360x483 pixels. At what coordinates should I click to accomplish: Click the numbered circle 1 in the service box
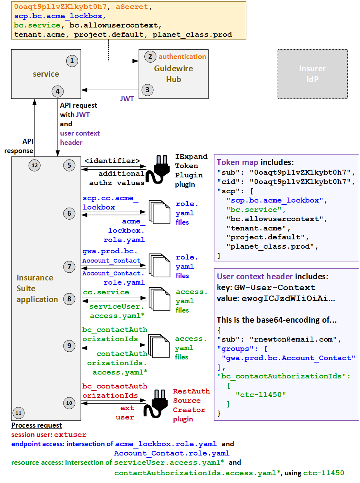point(72,61)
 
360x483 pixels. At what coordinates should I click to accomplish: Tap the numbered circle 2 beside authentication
point(150,57)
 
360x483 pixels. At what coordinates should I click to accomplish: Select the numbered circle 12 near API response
point(35,165)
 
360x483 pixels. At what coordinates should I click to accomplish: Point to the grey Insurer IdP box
point(312,74)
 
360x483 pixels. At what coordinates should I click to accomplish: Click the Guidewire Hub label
point(173,74)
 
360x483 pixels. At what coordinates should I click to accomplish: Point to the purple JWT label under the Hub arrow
point(127,99)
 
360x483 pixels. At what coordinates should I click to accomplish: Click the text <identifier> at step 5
point(112,161)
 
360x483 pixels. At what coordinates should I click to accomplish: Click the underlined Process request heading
point(36,425)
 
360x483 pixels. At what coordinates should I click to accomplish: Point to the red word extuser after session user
point(70,435)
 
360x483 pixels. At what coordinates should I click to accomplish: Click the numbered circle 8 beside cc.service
point(69,299)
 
